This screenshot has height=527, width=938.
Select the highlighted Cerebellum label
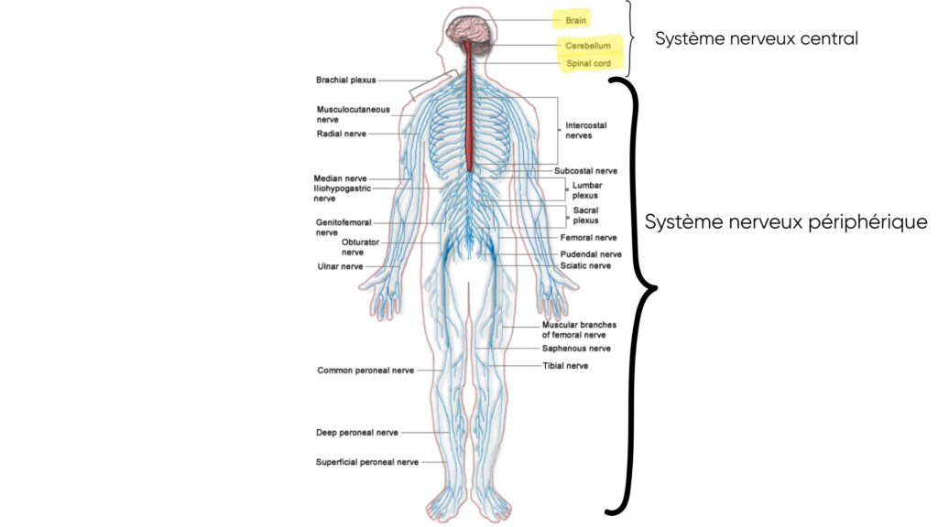tap(587, 45)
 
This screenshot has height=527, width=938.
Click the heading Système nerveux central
tap(756, 39)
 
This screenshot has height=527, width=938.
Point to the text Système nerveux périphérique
tap(786, 222)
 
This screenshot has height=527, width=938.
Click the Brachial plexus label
tap(345, 81)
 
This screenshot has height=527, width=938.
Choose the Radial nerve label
tap(342, 134)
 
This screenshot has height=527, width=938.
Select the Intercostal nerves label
tap(585, 130)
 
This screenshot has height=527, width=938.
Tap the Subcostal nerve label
tap(585, 170)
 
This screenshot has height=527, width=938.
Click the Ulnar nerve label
tap(340, 266)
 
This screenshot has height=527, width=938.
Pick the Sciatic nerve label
tap(585, 266)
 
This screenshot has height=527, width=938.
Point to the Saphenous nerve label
tap(575, 349)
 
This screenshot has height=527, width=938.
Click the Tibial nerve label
tap(565, 366)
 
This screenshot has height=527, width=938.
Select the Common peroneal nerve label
tap(365, 371)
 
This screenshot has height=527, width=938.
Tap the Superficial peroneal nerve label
tap(367, 462)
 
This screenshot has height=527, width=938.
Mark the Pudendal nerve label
tap(591, 253)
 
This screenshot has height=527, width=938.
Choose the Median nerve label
tap(341, 178)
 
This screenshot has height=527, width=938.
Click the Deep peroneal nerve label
tap(357, 432)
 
